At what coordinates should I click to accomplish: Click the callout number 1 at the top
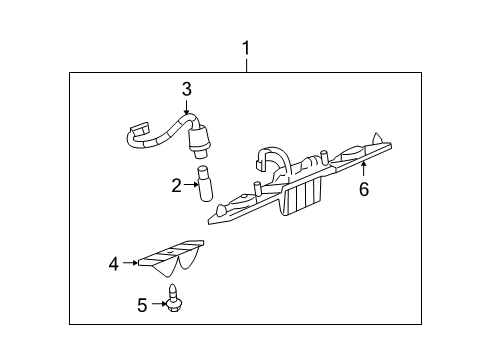[x=246, y=46]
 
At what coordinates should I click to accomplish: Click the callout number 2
[x=176, y=184]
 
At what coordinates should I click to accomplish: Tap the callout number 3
[x=186, y=90]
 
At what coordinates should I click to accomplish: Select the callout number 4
[x=114, y=264]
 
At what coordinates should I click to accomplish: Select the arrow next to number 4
[x=130, y=264]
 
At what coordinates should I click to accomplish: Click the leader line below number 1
[x=246, y=63]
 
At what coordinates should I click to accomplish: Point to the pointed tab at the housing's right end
[x=378, y=139]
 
